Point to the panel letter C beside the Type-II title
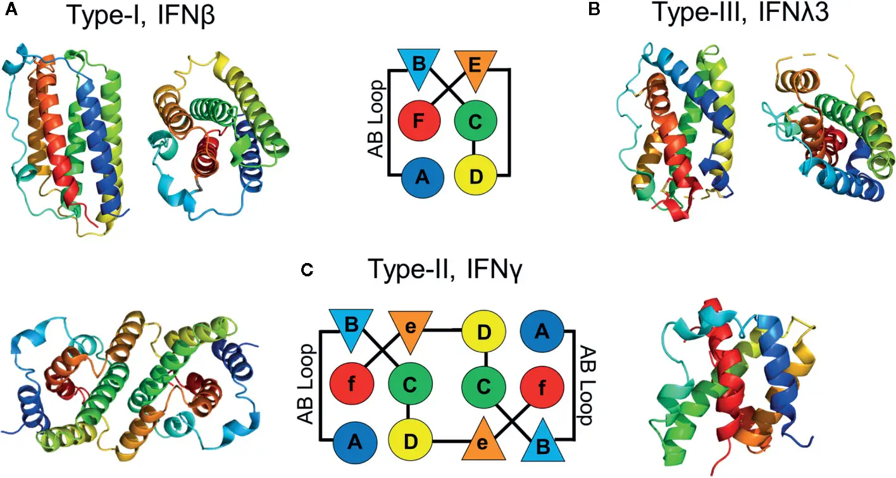point(306,271)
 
